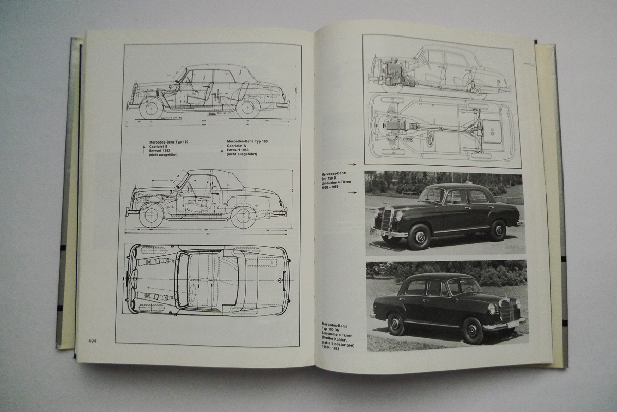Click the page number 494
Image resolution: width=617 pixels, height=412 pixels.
click(x=93, y=340)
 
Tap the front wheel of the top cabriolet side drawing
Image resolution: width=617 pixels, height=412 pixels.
click(x=151, y=109)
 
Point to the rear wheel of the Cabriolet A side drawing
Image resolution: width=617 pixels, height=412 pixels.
click(x=243, y=217)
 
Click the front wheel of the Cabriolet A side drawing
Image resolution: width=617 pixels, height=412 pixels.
click(x=151, y=215)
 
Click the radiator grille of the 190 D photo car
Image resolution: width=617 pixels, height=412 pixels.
click(x=386, y=220)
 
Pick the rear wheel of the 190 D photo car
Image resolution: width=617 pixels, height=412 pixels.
click(x=497, y=230)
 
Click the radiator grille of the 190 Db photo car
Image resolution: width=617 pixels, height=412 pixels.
click(x=506, y=311)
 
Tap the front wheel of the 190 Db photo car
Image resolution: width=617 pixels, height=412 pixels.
click(x=472, y=331)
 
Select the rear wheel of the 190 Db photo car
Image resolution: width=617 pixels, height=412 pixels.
click(x=395, y=324)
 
